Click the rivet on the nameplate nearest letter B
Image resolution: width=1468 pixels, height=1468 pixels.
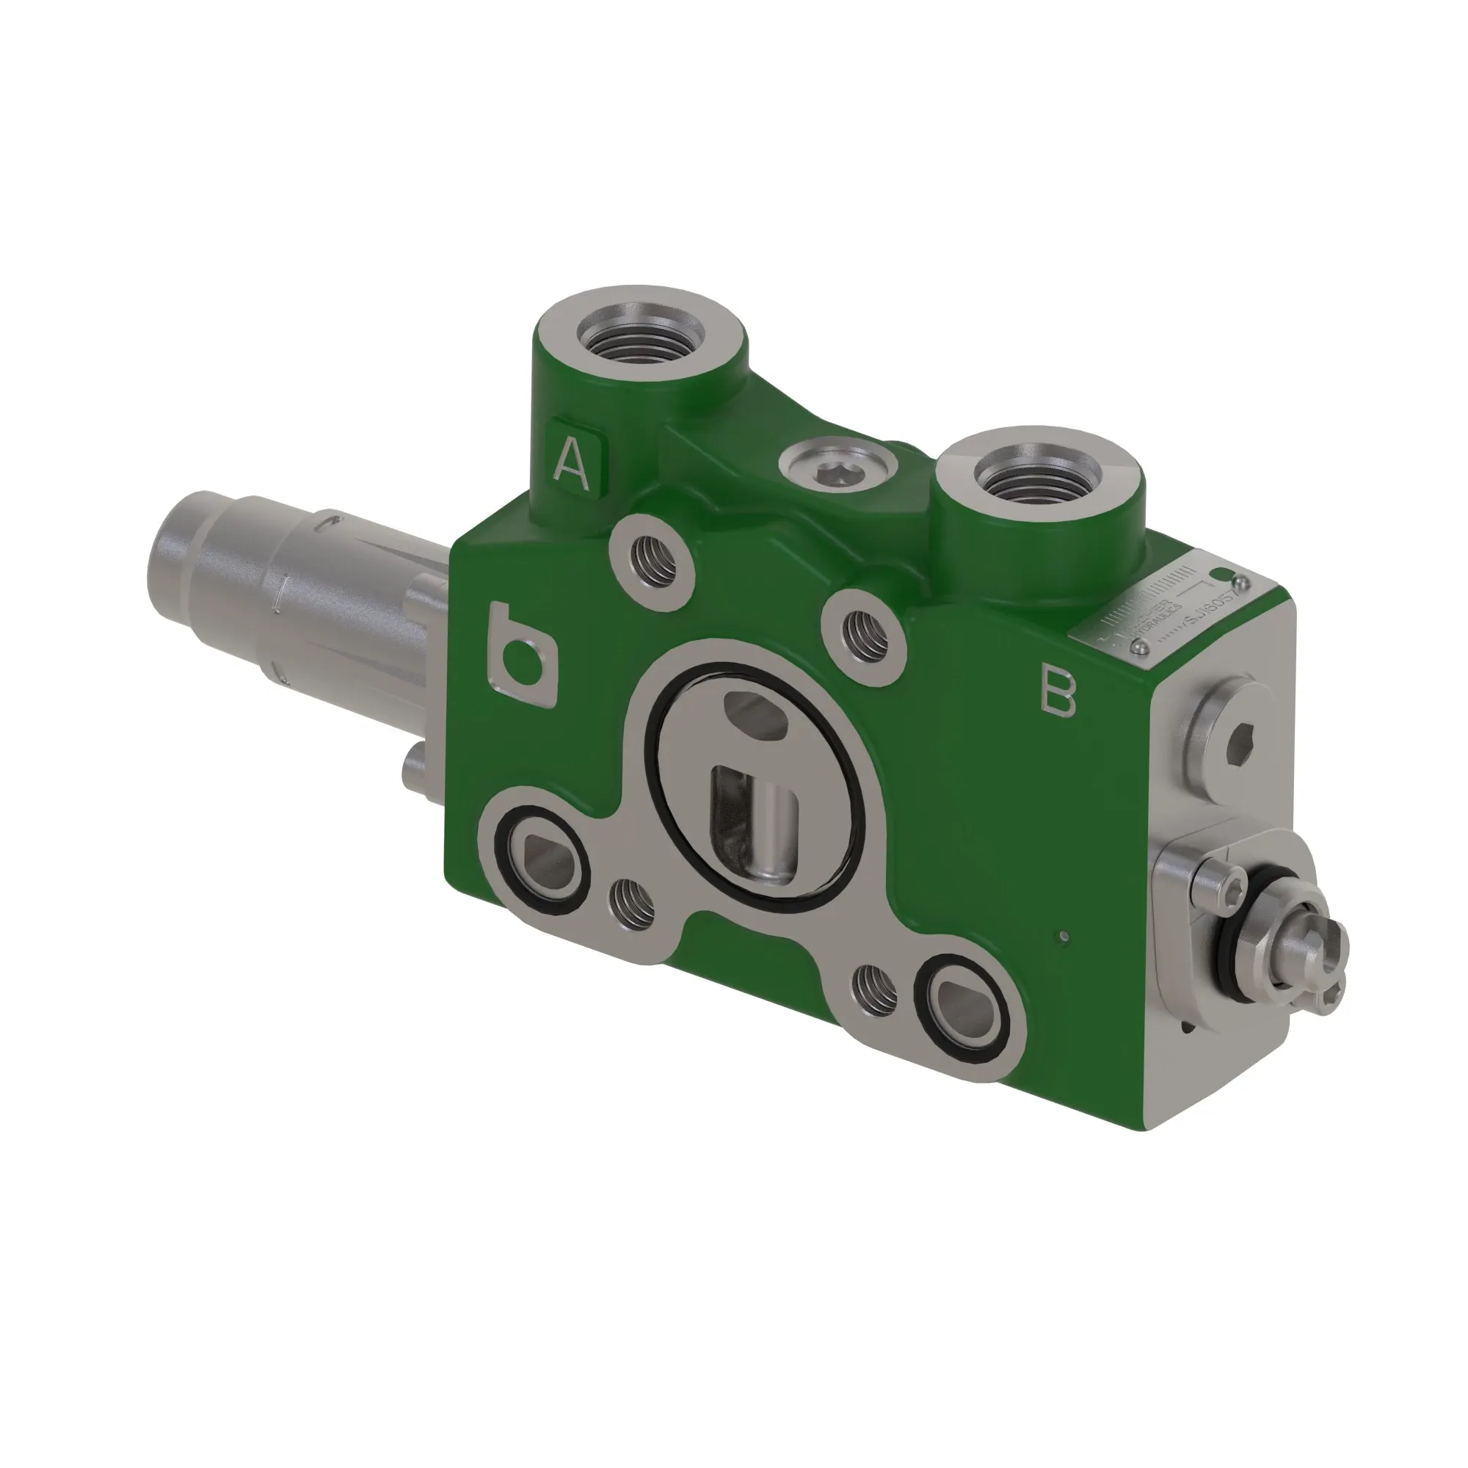(x=1140, y=645)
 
